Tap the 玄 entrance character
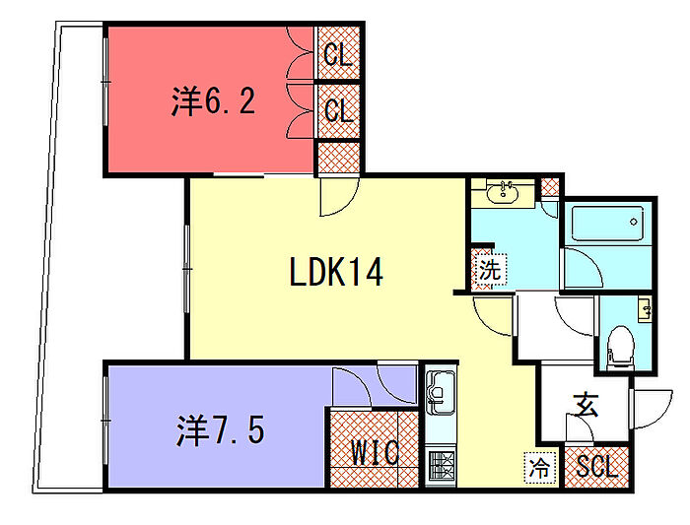(586, 404)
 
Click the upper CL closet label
(338, 55)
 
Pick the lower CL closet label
(338, 111)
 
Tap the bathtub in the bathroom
(608, 227)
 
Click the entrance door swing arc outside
(646, 407)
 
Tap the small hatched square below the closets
(337, 158)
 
